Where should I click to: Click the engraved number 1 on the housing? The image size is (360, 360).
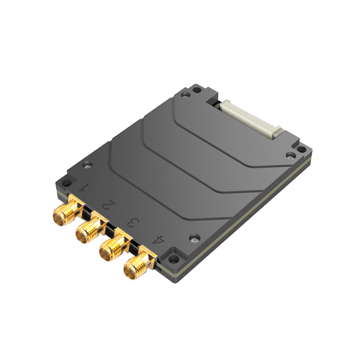tap(82, 189)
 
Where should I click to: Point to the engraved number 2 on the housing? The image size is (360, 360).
tap(107, 205)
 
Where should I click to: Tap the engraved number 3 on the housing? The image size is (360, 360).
tap(132, 222)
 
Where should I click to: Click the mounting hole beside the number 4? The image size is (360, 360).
tap(175, 259)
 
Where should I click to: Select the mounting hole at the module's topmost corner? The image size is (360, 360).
tap(197, 90)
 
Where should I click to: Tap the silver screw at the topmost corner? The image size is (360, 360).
tap(185, 95)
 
